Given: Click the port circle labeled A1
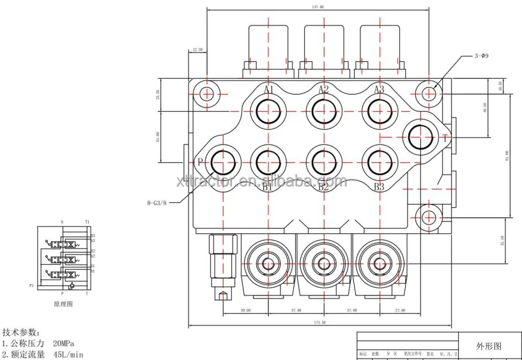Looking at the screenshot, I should click(268, 113).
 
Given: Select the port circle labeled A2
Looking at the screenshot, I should click(324, 113).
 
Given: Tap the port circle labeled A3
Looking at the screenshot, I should click(379, 113).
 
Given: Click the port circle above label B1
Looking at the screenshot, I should click(268, 160).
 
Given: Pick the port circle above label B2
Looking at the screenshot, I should click(324, 160).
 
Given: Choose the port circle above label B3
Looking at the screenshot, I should click(379, 160).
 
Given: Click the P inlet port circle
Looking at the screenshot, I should click(222, 160).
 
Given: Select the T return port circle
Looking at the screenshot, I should click(422, 137).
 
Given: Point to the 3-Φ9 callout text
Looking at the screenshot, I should click(482, 56).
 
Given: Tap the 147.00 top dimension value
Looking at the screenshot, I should click(317, 6).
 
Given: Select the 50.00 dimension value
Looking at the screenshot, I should click(245, 310).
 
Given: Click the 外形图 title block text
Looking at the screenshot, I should click(489, 345).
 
